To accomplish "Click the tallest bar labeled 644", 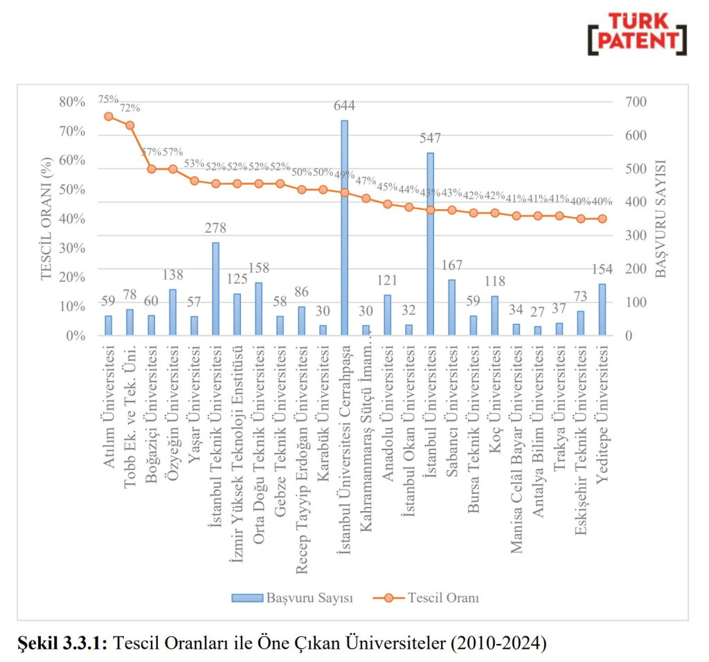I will [344, 229].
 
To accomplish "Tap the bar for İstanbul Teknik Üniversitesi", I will [215, 289].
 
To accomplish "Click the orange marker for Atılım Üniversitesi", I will [109, 116].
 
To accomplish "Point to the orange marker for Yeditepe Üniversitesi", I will [602, 219].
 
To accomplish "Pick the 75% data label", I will [108, 99].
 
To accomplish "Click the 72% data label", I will [129, 108].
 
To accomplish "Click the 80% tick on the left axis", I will [71, 102].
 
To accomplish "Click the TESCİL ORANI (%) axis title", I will [46, 219].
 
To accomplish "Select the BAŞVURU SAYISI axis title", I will [661, 219].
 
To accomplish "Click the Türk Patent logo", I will [637, 33].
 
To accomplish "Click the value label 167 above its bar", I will [451, 266].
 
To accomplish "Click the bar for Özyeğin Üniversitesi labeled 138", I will [173, 312].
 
